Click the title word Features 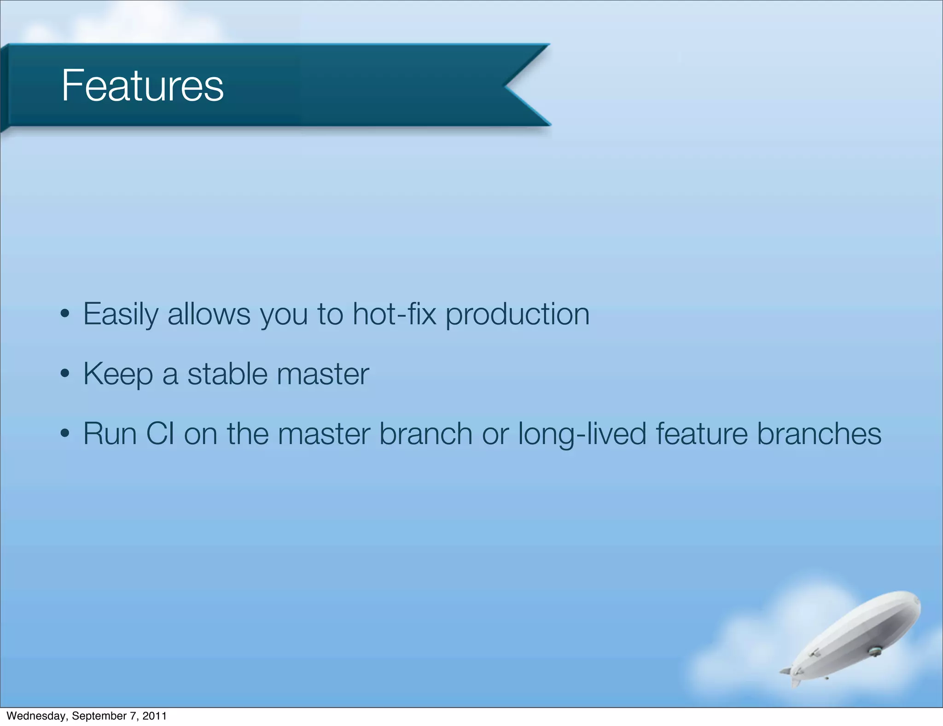[142, 86]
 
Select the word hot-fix [394, 314]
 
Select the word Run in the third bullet [110, 434]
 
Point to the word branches [819, 434]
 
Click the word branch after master [425, 434]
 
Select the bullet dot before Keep [65, 374]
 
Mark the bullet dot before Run [65, 434]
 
